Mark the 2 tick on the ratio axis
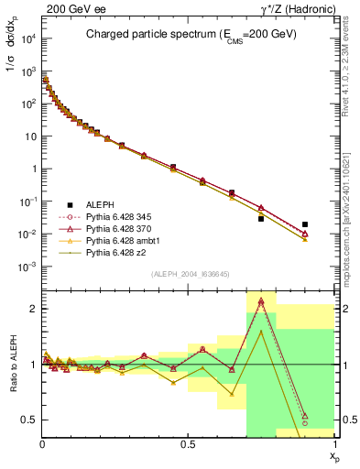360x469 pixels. pyautogui.click(x=33, y=309)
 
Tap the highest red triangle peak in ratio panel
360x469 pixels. pyautogui.click(x=261, y=300)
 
